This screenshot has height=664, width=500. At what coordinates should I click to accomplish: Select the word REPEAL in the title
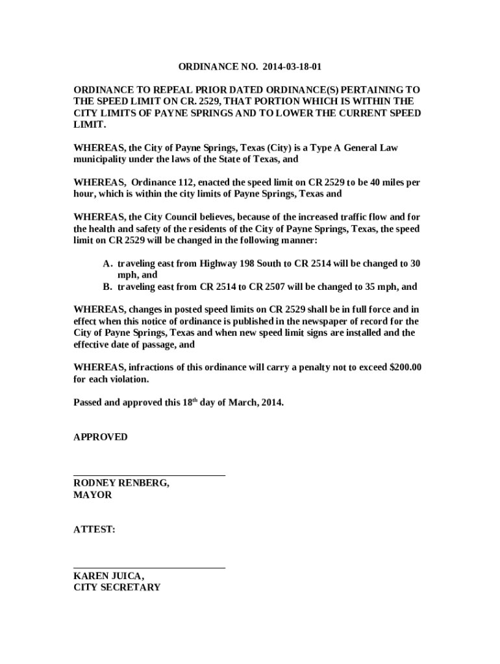pyautogui.click(x=158, y=89)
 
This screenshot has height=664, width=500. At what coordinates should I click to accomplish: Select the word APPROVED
pyautogui.click(x=101, y=437)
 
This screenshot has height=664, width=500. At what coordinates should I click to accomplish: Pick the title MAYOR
pyautogui.click(x=93, y=495)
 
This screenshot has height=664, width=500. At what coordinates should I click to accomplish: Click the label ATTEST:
pyautogui.click(x=95, y=530)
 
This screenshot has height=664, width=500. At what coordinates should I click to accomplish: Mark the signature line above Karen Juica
pyautogui.click(x=149, y=569)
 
